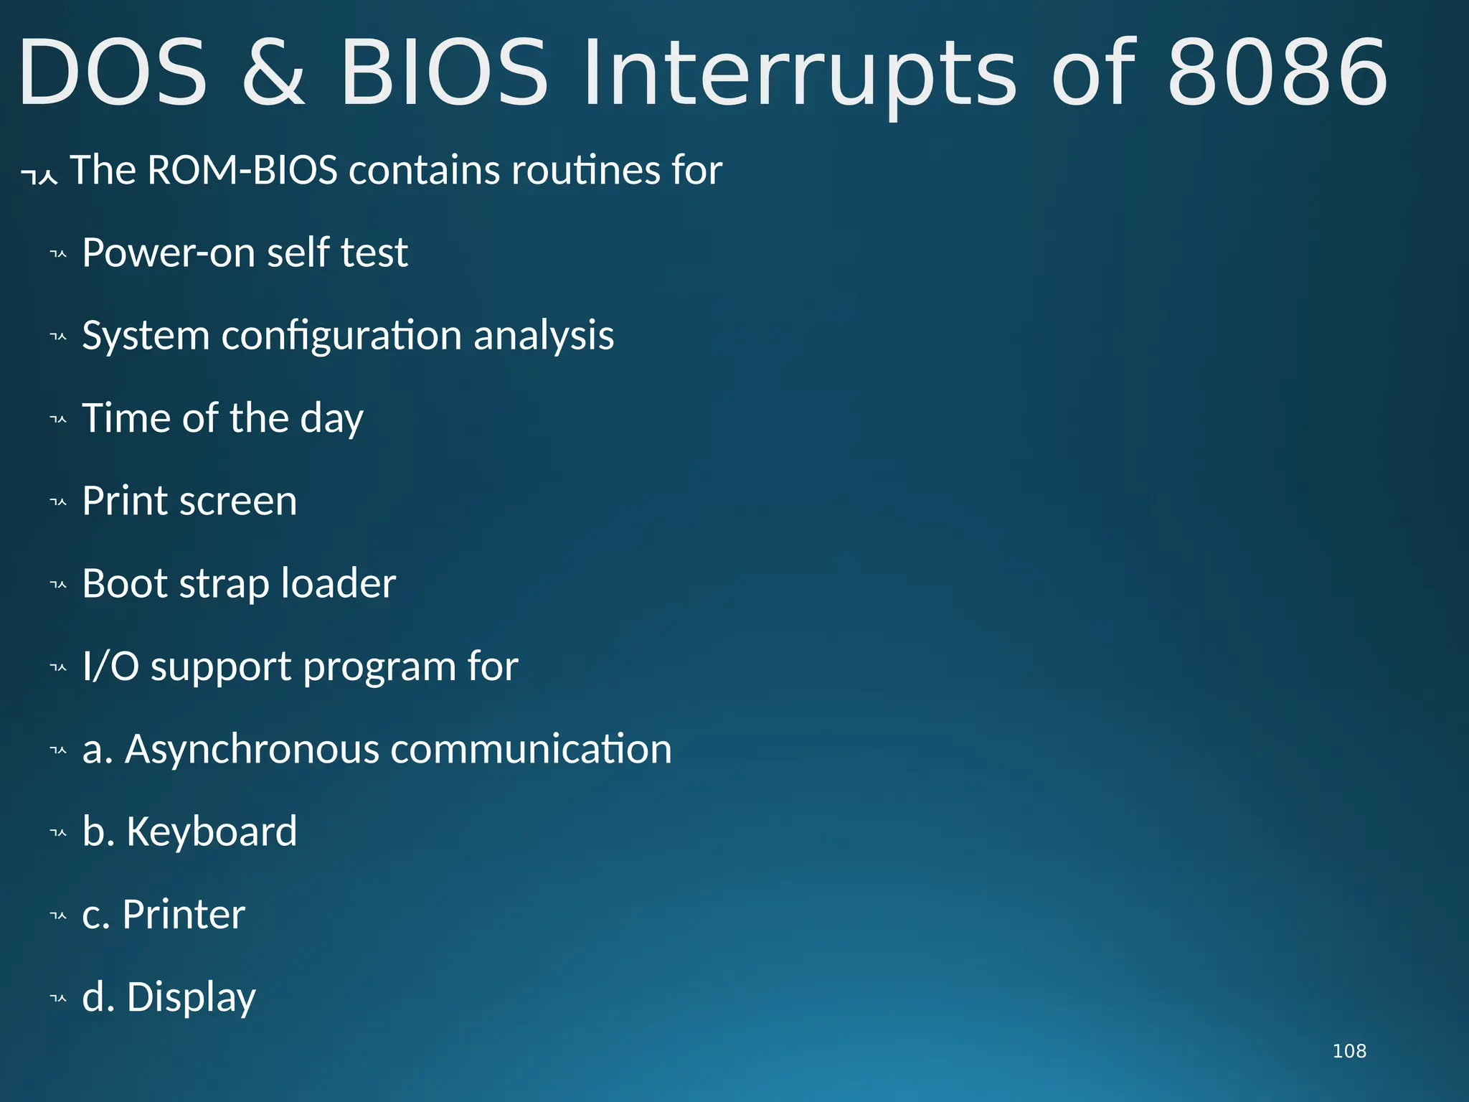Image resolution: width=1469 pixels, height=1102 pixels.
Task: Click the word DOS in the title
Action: pos(113,73)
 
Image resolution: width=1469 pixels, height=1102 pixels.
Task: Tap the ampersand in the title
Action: pos(273,73)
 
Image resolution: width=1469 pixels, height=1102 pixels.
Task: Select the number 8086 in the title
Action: pos(1277,73)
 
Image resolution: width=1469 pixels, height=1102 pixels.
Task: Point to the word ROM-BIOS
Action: pos(242,171)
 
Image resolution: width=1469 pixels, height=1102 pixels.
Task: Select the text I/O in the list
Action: pos(110,666)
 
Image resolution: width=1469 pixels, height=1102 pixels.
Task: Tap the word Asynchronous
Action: pos(252,749)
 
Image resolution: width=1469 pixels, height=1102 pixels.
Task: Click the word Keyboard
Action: pos(212,832)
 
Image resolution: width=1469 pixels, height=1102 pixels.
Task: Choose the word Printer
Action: pos(184,915)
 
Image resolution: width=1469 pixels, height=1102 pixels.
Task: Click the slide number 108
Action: pos(1348,1051)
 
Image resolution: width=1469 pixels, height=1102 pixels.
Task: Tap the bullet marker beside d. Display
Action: pos(58,999)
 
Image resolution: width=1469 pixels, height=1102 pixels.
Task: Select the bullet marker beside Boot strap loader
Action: pos(58,585)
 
